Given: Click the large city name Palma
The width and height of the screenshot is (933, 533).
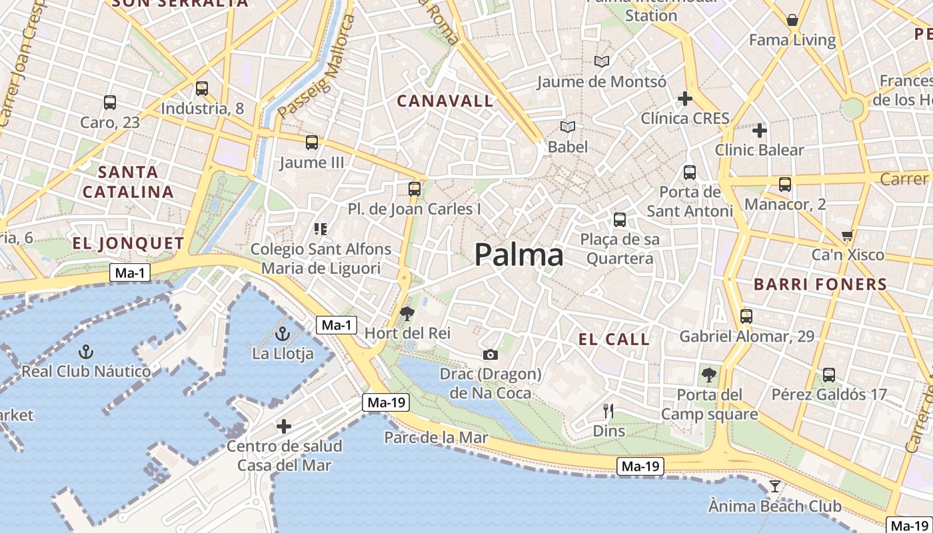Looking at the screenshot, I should click(518, 255).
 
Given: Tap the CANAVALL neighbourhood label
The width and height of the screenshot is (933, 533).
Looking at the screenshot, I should click(445, 101).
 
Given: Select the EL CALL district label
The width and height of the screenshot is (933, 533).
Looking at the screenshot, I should click(614, 340).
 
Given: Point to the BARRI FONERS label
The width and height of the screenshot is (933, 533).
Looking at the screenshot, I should click(820, 285).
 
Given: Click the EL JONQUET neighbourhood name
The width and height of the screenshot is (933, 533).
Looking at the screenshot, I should click(128, 244).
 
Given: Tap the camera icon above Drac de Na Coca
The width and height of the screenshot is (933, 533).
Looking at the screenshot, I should click(490, 354).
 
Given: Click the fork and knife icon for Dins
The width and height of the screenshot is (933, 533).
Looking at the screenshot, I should click(608, 411).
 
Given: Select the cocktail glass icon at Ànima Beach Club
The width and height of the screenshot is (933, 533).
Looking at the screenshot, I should click(774, 486).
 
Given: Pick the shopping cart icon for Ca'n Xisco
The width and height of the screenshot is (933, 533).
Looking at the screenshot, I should click(848, 235).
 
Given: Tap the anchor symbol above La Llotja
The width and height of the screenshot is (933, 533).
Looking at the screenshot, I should click(283, 334).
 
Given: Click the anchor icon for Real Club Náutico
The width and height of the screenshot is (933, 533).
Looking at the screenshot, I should click(85, 351).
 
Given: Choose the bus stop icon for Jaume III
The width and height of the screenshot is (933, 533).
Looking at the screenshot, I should click(311, 143).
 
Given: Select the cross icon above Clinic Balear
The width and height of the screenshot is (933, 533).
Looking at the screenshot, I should click(759, 131).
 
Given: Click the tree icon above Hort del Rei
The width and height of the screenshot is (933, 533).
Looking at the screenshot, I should click(407, 313).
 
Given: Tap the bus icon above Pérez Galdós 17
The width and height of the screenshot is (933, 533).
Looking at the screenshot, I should click(829, 375).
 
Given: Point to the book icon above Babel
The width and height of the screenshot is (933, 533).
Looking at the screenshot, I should click(567, 127).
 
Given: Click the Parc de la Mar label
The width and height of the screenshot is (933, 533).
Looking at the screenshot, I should click(436, 438).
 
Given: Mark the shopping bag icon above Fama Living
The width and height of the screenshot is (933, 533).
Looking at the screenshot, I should click(792, 21).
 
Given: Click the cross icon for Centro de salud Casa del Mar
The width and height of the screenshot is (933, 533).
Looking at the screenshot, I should click(284, 426).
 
